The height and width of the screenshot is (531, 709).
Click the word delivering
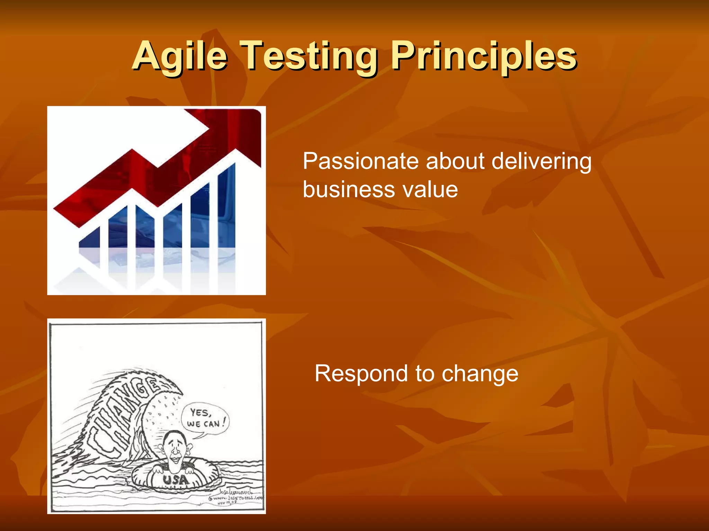point(541,161)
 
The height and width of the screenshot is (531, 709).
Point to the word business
point(348,189)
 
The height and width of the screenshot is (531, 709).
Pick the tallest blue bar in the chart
point(227,207)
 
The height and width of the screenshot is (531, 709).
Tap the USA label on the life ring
point(176,479)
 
